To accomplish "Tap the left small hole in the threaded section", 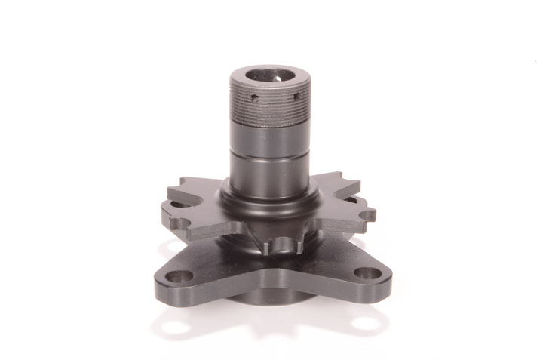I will point(255,98).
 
